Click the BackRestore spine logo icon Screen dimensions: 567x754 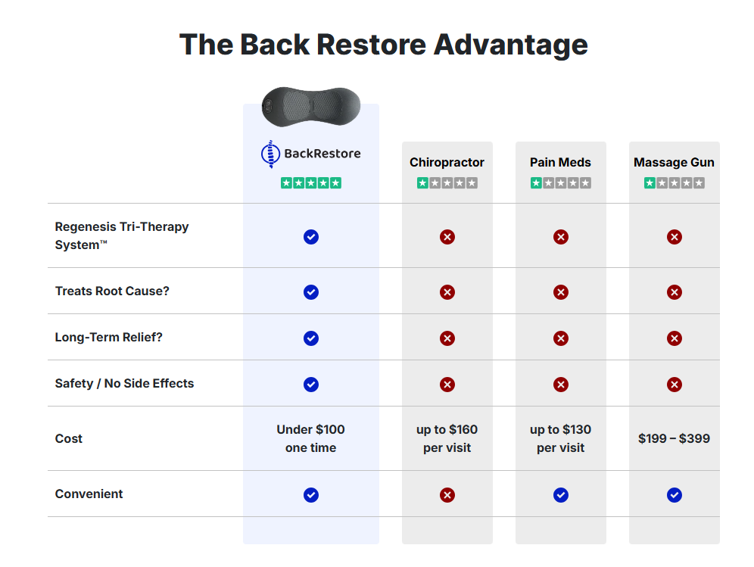pos(270,154)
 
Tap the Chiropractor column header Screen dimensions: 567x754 pos(447,162)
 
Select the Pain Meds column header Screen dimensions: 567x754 pos(560,162)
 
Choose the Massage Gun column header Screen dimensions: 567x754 pos(674,162)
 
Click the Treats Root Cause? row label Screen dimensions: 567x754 pos(112,291)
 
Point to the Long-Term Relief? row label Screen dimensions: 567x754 pos(108,337)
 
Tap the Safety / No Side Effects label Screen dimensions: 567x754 pos(124,383)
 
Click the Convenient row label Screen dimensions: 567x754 pos(89,494)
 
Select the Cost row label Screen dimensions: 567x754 pos(69,438)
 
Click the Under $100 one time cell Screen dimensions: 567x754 pos(310,438)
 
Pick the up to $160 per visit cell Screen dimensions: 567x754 pos(447,438)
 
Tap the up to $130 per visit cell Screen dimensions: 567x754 pos(560,438)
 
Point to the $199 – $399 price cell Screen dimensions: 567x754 pos(674,438)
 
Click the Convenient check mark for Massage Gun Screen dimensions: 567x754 pos(674,495)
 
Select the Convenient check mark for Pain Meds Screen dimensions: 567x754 pos(560,495)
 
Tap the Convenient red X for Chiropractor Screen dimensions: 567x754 pos(447,495)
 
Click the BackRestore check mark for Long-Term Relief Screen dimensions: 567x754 pos(310,338)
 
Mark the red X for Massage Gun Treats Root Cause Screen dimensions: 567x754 pos(674,292)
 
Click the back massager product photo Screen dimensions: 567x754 pos(310,106)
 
